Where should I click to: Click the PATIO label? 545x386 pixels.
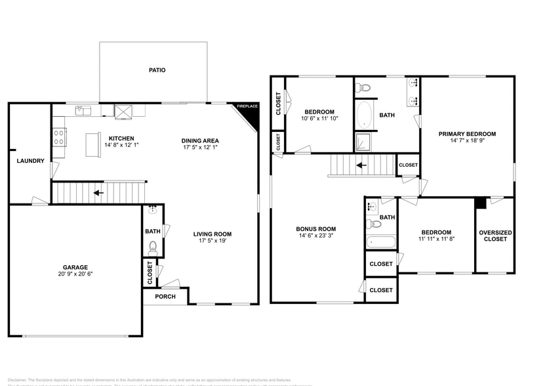tap(157, 70)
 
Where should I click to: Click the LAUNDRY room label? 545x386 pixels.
tap(30, 161)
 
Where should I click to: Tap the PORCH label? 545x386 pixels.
tap(165, 296)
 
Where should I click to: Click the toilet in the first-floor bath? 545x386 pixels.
tap(153, 247)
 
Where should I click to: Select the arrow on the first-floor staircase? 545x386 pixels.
tap(98, 193)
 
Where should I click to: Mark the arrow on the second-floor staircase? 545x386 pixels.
tap(360, 165)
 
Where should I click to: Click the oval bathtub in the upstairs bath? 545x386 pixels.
tap(364, 116)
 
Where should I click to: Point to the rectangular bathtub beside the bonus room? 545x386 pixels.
tap(381, 242)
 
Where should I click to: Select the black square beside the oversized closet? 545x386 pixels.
tap(481, 203)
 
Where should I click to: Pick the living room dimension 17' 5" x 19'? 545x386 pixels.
tap(212, 241)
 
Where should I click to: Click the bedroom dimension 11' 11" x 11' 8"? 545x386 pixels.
tap(436, 240)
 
